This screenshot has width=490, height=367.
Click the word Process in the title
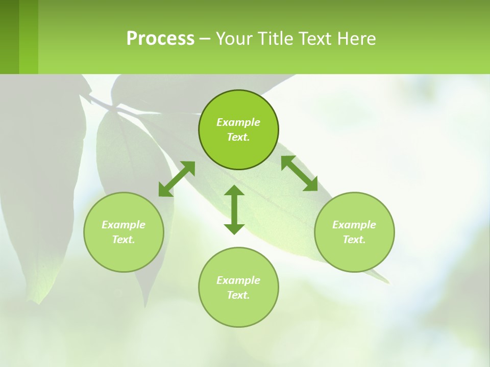tap(160, 39)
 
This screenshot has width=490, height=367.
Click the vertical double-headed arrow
tap(234, 210)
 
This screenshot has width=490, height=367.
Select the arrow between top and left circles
tap(177, 178)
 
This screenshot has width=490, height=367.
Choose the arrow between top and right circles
tap(300, 173)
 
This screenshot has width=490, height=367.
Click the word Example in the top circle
tap(238, 122)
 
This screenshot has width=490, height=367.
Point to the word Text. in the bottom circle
tap(238, 295)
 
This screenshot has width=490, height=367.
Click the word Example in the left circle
tap(124, 225)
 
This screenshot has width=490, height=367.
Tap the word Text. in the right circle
tap(354, 240)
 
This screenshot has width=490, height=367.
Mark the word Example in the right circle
tap(354, 225)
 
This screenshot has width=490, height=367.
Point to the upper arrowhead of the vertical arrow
tap(234, 192)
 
